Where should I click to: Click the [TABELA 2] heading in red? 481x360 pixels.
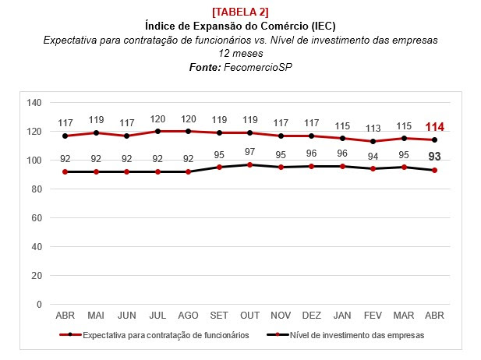[x=240, y=11]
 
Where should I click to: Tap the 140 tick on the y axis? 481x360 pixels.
[x=34, y=102]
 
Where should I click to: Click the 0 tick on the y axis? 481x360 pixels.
[x=39, y=305]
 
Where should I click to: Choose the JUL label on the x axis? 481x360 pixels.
[x=157, y=316]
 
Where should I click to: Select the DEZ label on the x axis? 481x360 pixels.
[x=312, y=316]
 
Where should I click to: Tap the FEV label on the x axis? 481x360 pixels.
[x=373, y=316]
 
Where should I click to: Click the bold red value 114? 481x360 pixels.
[x=435, y=127]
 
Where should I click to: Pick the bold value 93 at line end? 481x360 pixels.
[x=435, y=157]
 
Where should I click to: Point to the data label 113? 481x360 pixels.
[x=373, y=129]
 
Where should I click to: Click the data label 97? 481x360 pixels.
[x=250, y=151]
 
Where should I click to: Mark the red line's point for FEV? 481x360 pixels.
[x=373, y=141]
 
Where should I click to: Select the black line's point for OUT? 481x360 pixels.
[x=250, y=164]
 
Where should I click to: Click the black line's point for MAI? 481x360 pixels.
[x=96, y=171]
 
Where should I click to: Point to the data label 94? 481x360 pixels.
[x=373, y=156]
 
